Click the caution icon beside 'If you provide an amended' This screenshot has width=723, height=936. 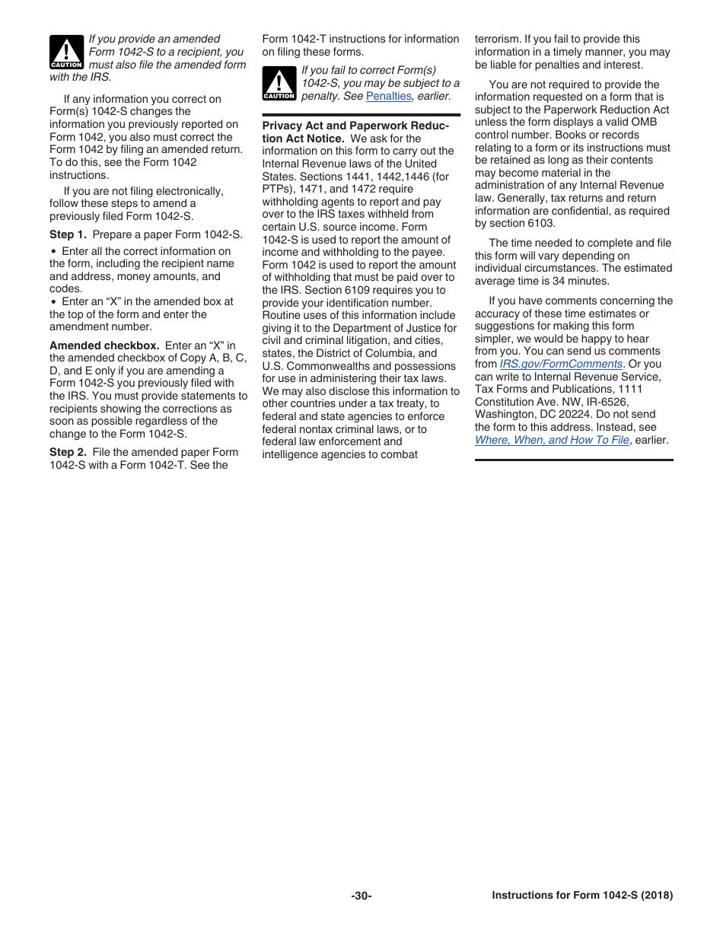click(65, 52)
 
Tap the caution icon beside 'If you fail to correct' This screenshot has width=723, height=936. click(279, 83)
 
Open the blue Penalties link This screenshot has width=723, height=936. click(388, 96)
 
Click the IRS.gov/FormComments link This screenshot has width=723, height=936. click(561, 364)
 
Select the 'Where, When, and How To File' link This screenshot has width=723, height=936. click(552, 440)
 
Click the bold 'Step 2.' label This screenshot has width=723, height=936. click(68, 452)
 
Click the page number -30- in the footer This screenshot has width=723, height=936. click(361, 896)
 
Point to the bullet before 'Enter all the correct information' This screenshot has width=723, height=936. click(53, 251)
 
